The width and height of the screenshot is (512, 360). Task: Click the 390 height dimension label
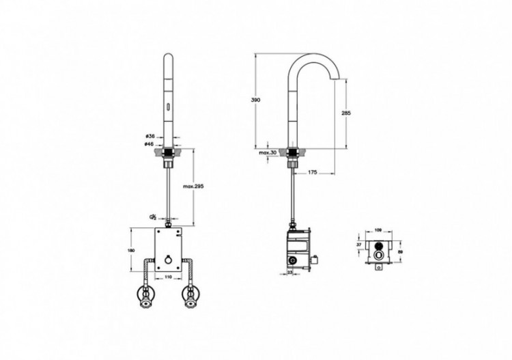coord(256,100)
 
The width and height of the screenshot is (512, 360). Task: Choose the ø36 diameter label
coord(151,136)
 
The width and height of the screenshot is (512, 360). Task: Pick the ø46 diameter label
coord(151,144)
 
